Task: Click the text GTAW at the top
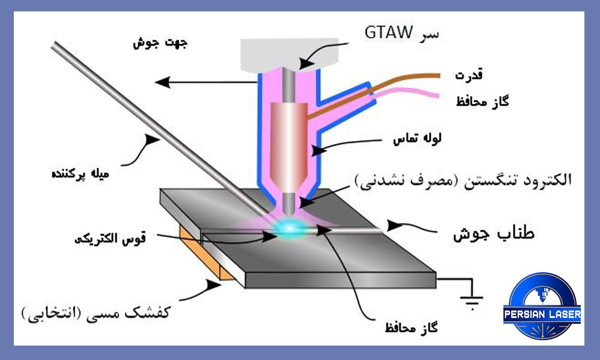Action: (x=388, y=32)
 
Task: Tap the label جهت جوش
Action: (x=160, y=43)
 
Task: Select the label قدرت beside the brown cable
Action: (x=469, y=74)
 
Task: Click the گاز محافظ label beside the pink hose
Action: (x=482, y=101)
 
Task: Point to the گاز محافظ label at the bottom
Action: (x=412, y=328)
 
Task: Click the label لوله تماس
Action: (x=418, y=138)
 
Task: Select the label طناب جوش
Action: (x=494, y=233)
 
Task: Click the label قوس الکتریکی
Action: (x=110, y=239)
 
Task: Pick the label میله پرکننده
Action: (x=80, y=173)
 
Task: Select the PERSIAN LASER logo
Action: (x=542, y=306)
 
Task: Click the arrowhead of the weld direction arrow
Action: (x=163, y=82)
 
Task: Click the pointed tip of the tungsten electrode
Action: (x=290, y=215)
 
